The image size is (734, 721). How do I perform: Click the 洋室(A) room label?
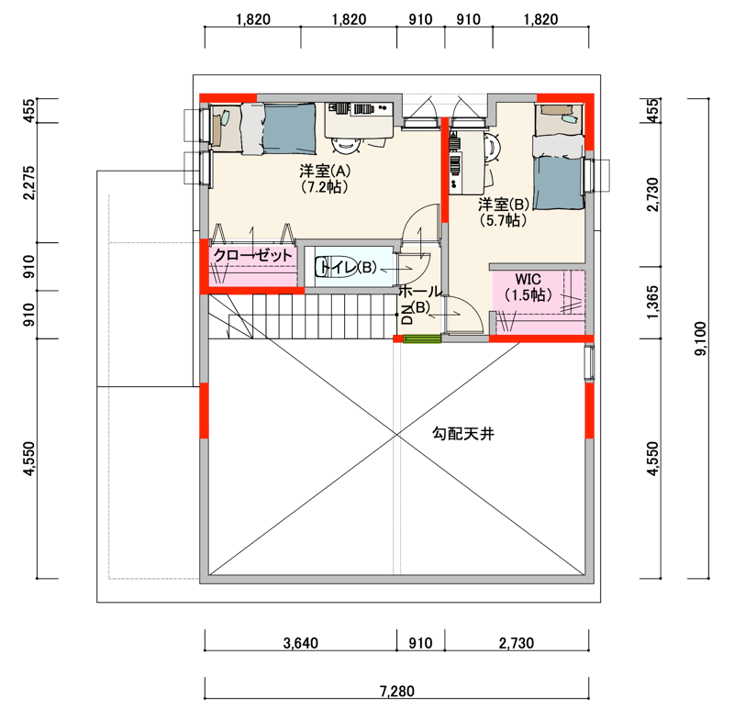click(325, 171)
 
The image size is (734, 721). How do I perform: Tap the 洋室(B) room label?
click(504, 204)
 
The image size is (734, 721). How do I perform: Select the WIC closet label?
click(528, 280)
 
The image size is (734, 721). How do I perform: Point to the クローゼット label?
click(253, 255)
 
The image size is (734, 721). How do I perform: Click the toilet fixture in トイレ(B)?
click(336, 267)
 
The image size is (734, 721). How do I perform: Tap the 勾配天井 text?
click(463, 434)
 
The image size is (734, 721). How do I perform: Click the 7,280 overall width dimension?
click(397, 691)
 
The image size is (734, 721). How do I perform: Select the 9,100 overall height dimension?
click(700, 338)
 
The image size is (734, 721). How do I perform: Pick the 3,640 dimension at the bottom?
click(301, 643)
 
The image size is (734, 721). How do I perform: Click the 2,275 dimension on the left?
click(29, 183)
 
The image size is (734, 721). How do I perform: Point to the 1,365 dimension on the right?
click(652, 302)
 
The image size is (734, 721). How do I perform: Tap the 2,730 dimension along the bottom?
click(517, 643)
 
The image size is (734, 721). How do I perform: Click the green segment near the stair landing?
click(422, 338)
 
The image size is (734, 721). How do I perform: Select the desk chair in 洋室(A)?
click(347, 145)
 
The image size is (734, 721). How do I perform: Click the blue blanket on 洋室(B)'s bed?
click(558, 183)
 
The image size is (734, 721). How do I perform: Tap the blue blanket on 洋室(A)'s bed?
click(290, 128)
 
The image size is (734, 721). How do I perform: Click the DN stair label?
click(407, 314)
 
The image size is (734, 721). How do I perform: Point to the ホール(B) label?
click(420, 299)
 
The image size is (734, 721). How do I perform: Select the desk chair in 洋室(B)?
click(493, 148)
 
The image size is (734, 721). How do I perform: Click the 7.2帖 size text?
click(325, 187)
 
